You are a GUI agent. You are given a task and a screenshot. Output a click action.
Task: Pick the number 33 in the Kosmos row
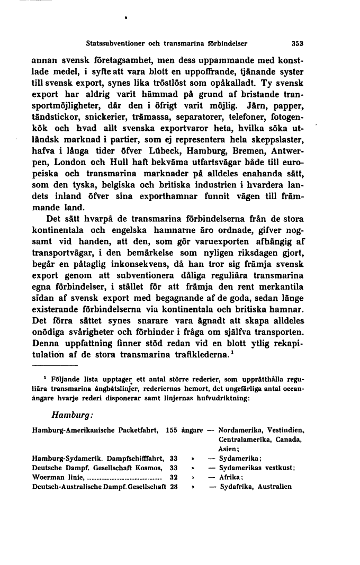coord(173,469)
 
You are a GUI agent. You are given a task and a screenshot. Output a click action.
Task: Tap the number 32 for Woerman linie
coord(173,478)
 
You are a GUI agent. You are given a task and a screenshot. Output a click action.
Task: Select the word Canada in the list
coord(290,440)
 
